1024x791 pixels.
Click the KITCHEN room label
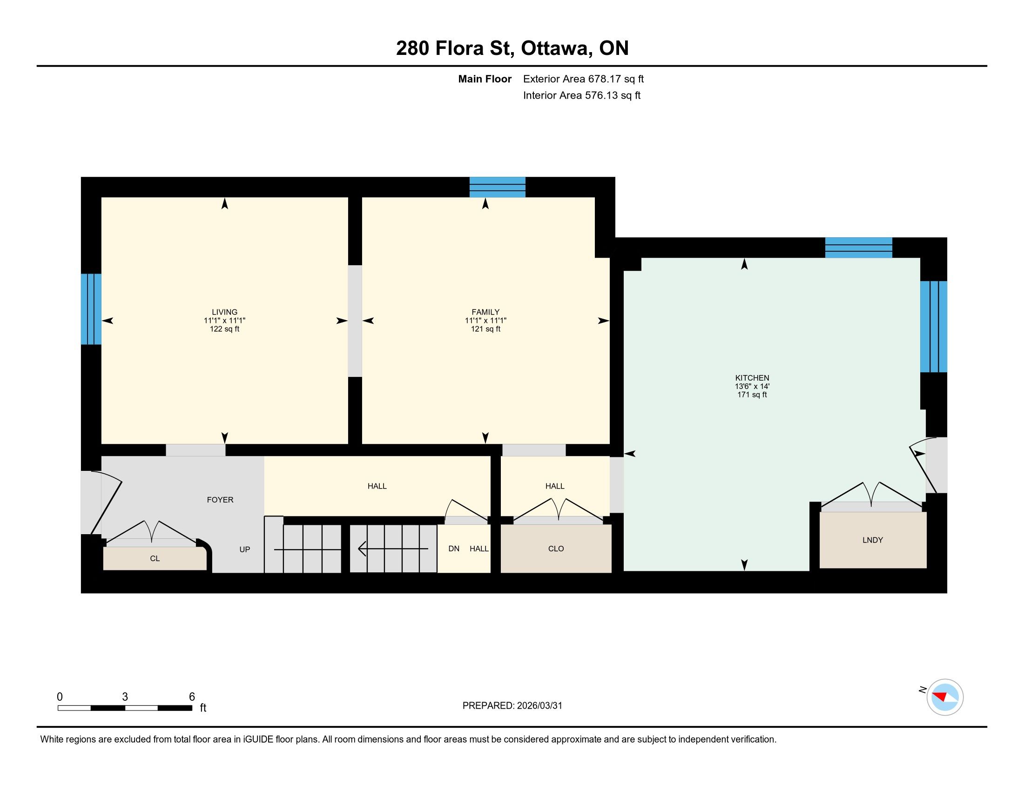[x=752, y=378]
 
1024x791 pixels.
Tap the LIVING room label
[x=225, y=312]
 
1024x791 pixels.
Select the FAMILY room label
[x=485, y=312]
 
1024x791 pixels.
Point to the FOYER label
[x=220, y=500]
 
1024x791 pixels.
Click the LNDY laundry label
[x=873, y=540]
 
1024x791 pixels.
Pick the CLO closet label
[x=556, y=549]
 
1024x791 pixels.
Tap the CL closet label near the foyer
[x=155, y=558]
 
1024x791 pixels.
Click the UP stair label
[x=245, y=550]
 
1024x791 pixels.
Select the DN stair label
[x=454, y=549]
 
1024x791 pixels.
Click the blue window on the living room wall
[x=91, y=309]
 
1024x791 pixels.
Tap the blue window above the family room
[x=498, y=187]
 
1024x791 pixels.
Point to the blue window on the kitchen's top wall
[x=858, y=248]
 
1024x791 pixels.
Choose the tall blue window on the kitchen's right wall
[x=934, y=327]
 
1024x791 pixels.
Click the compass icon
[x=945, y=697]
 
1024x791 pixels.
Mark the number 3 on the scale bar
[x=125, y=697]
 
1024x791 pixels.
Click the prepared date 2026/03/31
[x=539, y=706]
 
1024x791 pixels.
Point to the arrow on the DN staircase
[x=393, y=548]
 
